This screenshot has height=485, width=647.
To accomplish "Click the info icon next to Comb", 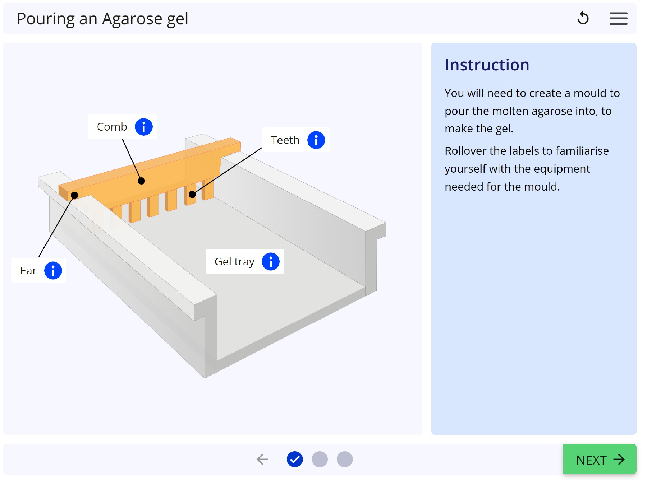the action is [x=144, y=127].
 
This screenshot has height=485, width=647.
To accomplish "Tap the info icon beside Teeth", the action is [x=316, y=140].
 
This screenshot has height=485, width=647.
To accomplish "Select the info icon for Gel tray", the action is [x=271, y=261].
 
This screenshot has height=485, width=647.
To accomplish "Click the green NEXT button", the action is [x=600, y=459].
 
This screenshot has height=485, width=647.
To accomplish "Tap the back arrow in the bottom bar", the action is [x=262, y=459].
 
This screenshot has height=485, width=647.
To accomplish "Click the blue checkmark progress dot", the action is [x=295, y=459].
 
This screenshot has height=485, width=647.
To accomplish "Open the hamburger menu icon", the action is [x=618, y=18].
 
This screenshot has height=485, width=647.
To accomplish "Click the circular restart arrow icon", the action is [x=583, y=18].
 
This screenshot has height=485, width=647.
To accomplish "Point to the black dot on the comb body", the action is [x=141, y=181].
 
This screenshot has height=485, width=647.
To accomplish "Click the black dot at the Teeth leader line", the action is [x=192, y=195].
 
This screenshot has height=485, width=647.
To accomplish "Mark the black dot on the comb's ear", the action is [x=74, y=195].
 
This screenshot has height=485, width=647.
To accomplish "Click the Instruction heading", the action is [x=487, y=65].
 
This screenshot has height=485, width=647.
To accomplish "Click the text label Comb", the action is [x=112, y=127].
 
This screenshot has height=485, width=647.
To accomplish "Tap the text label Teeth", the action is [x=285, y=140].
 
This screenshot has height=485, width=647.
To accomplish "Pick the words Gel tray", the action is [x=235, y=262].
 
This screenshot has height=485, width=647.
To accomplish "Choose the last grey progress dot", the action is [x=345, y=459].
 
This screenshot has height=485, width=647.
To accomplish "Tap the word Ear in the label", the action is [x=28, y=270].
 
